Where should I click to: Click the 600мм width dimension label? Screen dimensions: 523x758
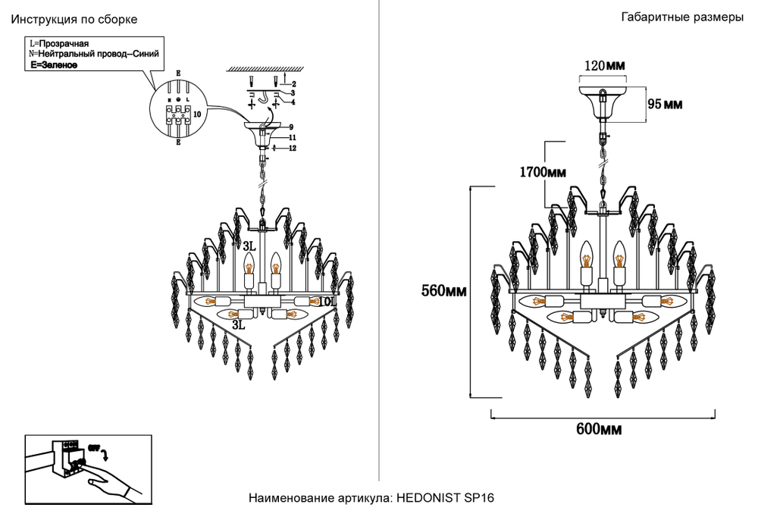click(599, 430)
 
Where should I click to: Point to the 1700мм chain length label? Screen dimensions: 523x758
click(543, 172)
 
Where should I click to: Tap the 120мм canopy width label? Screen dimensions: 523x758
click(604, 66)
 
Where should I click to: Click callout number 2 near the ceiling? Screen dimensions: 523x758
click(293, 83)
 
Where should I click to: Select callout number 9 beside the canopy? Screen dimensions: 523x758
click(290, 126)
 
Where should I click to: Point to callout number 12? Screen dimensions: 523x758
click(292, 148)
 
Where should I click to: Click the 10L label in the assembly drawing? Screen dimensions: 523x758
click(326, 302)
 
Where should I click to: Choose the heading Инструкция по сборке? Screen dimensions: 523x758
click(74, 20)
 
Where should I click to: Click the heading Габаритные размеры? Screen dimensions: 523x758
click(681, 18)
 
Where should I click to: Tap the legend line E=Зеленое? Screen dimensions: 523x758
click(54, 66)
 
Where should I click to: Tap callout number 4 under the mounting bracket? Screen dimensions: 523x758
click(293, 102)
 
